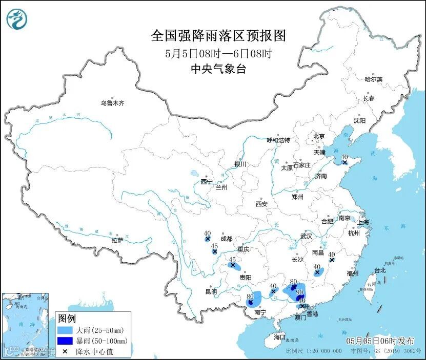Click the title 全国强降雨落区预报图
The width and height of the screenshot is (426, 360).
coord(218,35)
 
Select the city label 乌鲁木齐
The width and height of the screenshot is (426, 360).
coord(112,103)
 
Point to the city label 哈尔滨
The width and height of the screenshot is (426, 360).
coord(373,79)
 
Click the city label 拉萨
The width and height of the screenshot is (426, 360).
coord(117,240)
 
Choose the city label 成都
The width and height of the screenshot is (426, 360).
coord(226,239)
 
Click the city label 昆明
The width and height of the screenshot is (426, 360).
coord(211,291)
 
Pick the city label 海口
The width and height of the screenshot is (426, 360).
coord(279,337)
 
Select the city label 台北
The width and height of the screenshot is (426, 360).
coord(380,270)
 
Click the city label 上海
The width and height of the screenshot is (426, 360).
coord(363,222)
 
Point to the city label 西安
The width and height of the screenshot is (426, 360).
coord(261,204)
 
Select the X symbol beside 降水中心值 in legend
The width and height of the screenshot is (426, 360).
coord(65,352)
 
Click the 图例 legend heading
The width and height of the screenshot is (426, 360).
coord(67,319)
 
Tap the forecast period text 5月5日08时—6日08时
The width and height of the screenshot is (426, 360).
coord(218,53)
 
